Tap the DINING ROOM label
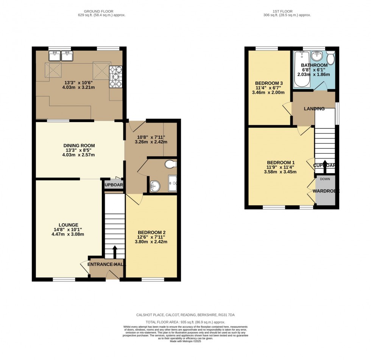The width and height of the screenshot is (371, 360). point(79,145)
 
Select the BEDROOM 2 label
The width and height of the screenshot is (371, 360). point(151,232)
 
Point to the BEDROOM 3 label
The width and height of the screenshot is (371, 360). point(269,83)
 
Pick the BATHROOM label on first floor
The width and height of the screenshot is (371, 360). point(314,65)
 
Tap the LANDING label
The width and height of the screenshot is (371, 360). point(314,109)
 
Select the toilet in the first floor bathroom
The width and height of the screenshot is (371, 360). point(330,58)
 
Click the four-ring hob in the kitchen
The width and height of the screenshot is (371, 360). point(116,77)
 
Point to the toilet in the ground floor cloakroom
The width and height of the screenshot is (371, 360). point(171,164)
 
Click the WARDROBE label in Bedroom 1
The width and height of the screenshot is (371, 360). point(326,191)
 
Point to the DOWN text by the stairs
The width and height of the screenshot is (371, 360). point(325,179)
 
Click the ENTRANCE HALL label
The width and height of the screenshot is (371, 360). point(106,264)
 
